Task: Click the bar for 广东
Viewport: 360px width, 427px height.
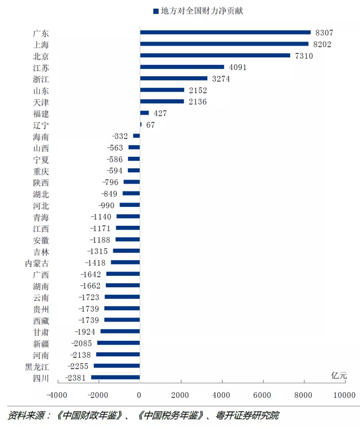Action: (x=225, y=32)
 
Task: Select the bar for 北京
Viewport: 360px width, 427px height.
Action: (x=215, y=55)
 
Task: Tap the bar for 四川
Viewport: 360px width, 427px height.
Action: (x=115, y=377)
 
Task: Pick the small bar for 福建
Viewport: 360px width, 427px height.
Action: (x=144, y=113)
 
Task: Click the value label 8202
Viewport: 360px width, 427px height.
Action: (x=322, y=44)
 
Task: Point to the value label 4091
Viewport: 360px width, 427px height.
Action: (x=238, y=67)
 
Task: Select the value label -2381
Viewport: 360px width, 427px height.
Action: (x=76, y=378)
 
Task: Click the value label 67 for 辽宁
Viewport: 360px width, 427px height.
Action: (x=150, y=125)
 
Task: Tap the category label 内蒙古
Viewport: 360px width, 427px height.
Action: (x=37, y=263)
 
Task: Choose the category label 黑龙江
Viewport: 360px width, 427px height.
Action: (x=37, y=367)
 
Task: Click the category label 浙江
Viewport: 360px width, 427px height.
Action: (x=41, y=79)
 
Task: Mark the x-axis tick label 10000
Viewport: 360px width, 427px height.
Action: (x=344, y=395)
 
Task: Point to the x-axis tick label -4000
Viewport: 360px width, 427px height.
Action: (x=57, y=395)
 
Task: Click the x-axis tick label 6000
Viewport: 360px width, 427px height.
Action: (x=262, y=395)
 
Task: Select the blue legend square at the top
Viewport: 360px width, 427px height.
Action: (x=156, y=11)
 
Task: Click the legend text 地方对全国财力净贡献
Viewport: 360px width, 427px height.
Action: (x=202, y=11)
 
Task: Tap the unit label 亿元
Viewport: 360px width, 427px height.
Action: (x=339, y=376)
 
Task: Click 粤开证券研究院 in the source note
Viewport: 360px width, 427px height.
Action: (x=247, y=415)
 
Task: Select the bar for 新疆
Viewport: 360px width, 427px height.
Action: (x=118, y=343)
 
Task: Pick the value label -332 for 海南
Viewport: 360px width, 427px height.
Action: (x=120, y=136)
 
